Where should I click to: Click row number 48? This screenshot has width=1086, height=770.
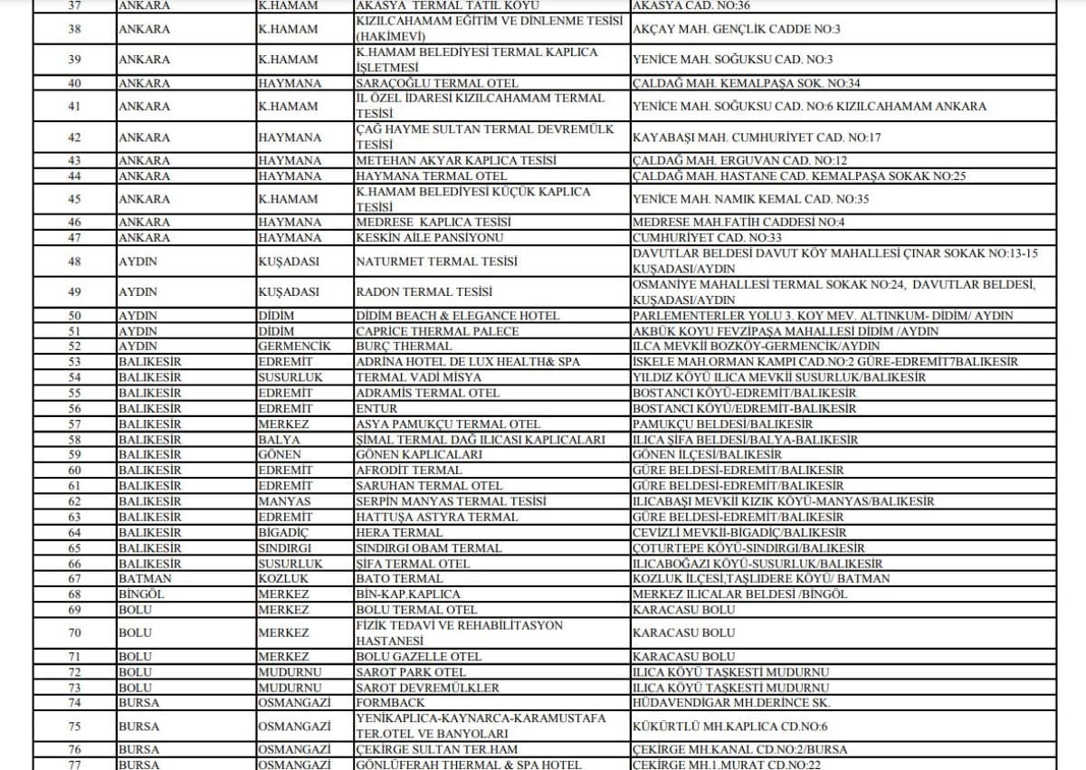coord(74,261)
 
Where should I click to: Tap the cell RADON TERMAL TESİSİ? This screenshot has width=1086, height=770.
coord(424,292)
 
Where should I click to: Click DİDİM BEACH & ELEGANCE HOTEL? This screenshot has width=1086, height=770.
coord(458,316)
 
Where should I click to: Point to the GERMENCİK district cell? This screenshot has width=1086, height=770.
coord(293,347)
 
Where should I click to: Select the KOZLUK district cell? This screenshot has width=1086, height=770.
coord(283,578)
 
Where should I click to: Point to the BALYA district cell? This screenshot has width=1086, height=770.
coord(280,440)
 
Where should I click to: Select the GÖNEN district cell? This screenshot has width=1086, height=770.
coord(280,455)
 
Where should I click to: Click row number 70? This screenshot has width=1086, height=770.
coord(74,632)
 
